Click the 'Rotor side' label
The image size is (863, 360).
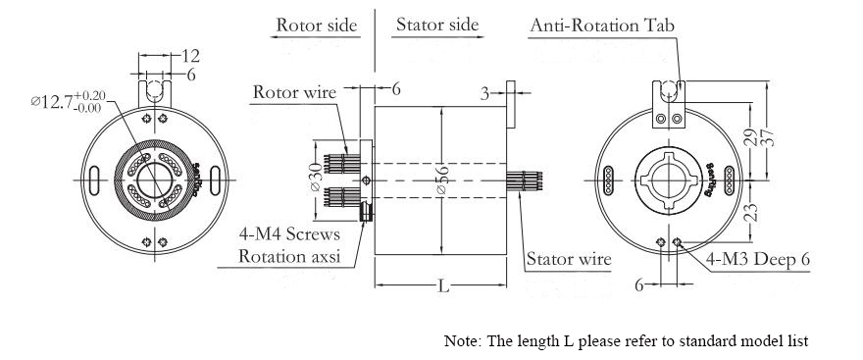317,25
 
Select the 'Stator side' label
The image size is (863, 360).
437,25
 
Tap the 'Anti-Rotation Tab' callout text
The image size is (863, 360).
602,26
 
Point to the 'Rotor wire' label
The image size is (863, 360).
294,92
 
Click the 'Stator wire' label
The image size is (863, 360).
569,259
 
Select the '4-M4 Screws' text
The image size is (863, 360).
289,234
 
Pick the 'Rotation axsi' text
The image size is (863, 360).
289,257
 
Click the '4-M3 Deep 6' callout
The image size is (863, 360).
758,259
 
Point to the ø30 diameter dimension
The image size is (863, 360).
318,178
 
